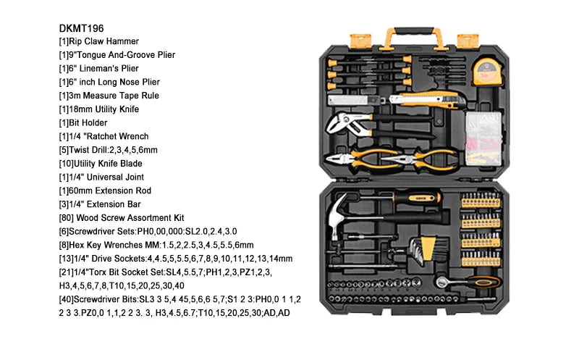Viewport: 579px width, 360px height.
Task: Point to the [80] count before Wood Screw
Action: click(x=67, y=217)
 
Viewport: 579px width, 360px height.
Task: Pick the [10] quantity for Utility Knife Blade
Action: click(x=67, y=163)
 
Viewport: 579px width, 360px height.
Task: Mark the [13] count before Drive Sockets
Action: click(x=67, y=258)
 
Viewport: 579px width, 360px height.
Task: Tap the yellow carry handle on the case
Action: click(x=410, y=34)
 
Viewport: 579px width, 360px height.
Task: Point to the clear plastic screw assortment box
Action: click(x=480, y=135)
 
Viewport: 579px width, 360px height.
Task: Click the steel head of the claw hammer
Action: click(x=340, y=217)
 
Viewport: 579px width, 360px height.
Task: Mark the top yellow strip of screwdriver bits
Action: click(x=480, y=198)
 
